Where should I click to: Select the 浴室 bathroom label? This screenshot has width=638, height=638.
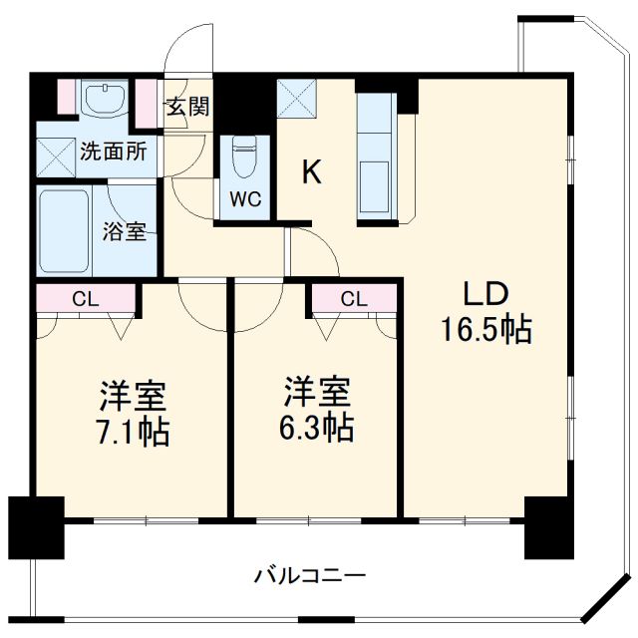coord(126,232)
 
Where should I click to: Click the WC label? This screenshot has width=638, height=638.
coord(245,198)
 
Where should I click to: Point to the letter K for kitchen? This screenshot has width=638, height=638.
coord(312,172)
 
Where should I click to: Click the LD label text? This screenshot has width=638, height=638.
coord(485,294)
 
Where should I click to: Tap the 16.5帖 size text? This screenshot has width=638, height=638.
coord(485,330)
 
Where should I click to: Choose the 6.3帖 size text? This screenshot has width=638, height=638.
coord(316,429)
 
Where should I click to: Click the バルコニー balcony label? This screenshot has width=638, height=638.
coord(310,575)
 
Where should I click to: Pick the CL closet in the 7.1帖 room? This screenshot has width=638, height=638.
coord(85,297)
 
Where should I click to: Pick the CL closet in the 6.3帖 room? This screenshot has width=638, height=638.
coord(353,298)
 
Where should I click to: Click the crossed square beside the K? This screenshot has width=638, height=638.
coord(298,99)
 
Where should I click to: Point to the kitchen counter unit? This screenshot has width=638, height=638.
coord(378,155)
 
